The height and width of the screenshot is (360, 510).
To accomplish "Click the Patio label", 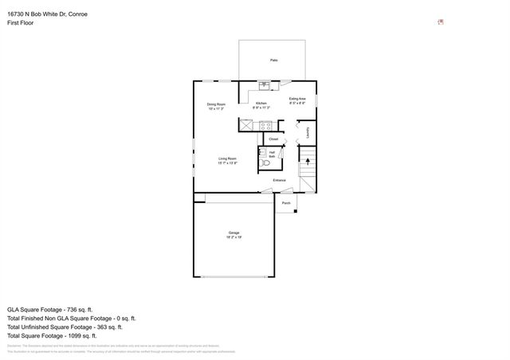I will point(273,60).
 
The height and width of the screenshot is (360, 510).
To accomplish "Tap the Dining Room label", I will point(216,104).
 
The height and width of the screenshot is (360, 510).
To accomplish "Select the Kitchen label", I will point(261,104).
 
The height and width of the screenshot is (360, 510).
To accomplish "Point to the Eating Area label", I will point(297,100).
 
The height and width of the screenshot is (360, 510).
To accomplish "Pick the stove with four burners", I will point(266,125).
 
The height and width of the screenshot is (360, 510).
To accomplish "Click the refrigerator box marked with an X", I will point(246,125).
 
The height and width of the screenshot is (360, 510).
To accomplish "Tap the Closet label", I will point(273,139).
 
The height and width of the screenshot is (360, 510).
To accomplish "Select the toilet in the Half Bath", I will point(265,162).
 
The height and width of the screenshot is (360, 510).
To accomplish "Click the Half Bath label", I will point(271,154).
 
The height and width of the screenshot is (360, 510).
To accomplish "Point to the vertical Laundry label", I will point(308,133).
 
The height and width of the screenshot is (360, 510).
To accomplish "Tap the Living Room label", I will point(228,158).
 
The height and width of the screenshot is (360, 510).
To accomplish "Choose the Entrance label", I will point(279,180).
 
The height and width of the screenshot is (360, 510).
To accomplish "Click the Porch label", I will point(286,203).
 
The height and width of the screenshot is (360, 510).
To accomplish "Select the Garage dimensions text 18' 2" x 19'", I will point(233,237).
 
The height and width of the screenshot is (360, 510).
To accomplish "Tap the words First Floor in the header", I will point(21,24).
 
